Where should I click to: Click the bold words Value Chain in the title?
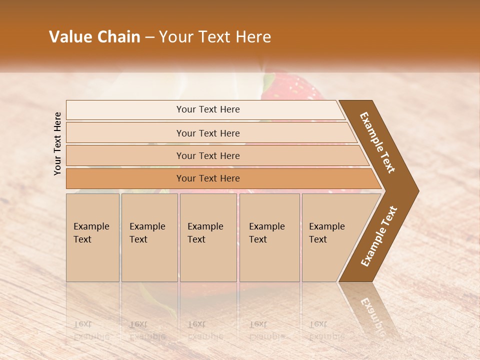tap(94, 37)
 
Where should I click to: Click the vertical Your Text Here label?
tap(57, 143)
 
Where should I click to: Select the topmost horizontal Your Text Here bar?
tap(207, 109)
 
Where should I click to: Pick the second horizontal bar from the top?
tap(207, 133)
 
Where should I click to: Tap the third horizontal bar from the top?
tap(207, 155)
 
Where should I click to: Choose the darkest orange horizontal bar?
tap(207, 178)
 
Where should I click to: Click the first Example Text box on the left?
tap(92, 237)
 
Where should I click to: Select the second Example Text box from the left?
tap(149, 237)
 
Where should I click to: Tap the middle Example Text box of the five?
tap(208, 237)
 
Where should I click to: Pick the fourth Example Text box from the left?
tap(269, 237)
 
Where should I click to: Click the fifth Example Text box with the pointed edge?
tap(330, 237)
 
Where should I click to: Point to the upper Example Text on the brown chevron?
tap(377, 142)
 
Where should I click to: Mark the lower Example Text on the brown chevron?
tap(379, 236)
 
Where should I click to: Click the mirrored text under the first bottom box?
tap(91, 330)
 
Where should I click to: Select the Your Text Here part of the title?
tap(215, 37)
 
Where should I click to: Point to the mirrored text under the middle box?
tap(205, 330)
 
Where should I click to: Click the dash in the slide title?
tap(149, 37)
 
